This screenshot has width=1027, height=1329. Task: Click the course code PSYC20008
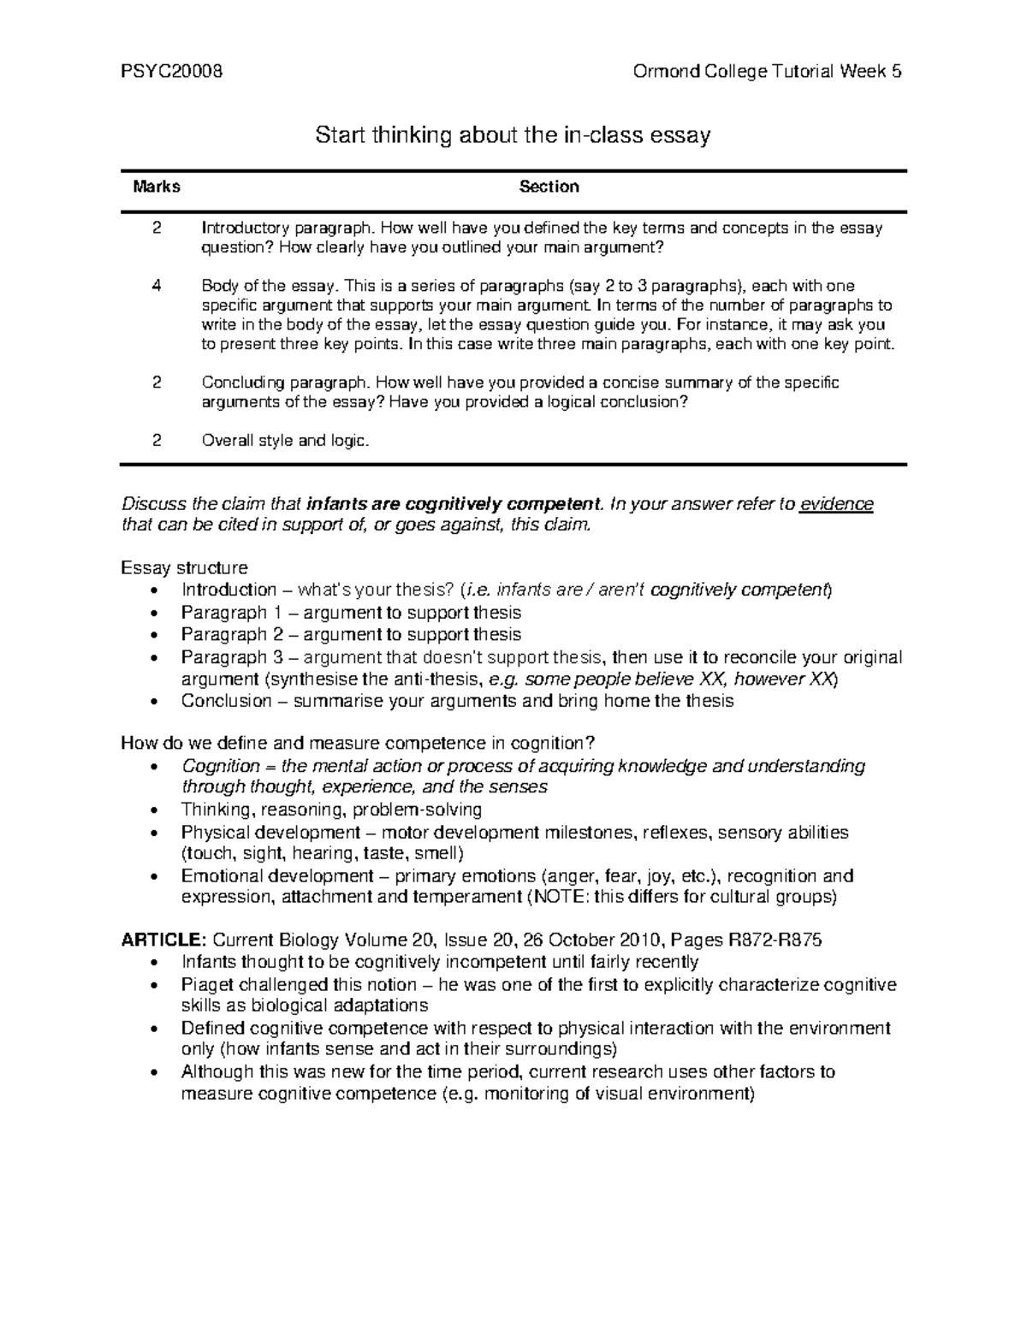172,72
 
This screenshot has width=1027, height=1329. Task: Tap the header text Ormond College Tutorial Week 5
767,72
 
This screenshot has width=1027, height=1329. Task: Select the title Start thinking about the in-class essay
513,135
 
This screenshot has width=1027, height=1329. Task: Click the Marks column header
157,187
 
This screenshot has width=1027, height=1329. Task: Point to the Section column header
549,187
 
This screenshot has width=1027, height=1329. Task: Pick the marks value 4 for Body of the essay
157,286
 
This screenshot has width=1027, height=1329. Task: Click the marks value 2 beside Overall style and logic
157,441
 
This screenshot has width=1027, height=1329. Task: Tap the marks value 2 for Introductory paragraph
157,228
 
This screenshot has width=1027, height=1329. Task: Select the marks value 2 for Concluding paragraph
157,383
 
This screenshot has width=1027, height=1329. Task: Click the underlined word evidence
836,504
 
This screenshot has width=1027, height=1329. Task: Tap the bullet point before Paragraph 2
153,636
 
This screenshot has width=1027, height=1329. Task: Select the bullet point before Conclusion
153,702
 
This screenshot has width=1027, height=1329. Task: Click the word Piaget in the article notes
208,984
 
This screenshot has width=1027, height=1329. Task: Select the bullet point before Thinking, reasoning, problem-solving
153,810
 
